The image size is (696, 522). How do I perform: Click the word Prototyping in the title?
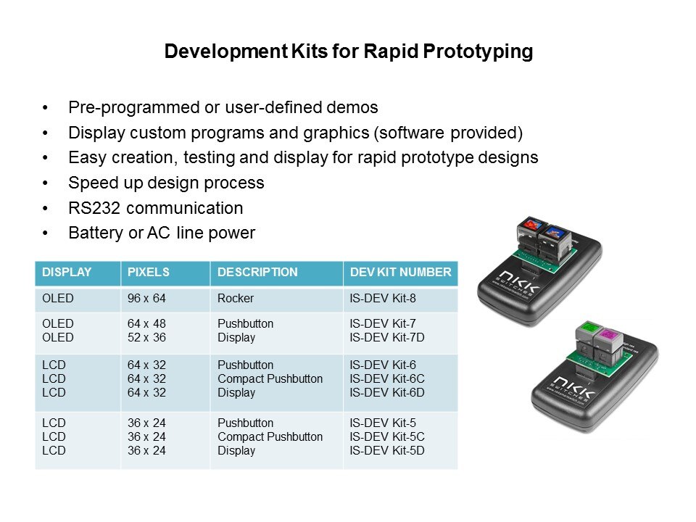[x=478, y=51]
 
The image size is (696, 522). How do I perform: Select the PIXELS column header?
[x=148, y=272]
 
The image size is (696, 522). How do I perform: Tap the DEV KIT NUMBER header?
[x=400, y=272]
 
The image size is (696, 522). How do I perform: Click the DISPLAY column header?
[x=67, y=272]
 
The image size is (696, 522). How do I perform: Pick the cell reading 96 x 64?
[x=146, y=298]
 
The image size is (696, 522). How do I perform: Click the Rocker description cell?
[x=235, y=298]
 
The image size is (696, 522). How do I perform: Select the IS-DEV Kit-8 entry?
[x=383, y=298]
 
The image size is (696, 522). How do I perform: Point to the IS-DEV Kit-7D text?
[x=387, y=337]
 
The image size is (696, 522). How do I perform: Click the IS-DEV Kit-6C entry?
[x=387, y=378]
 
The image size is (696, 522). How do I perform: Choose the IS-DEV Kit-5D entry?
[x=387, y=450]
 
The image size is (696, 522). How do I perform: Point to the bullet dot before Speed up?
[x=45, y=183]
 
